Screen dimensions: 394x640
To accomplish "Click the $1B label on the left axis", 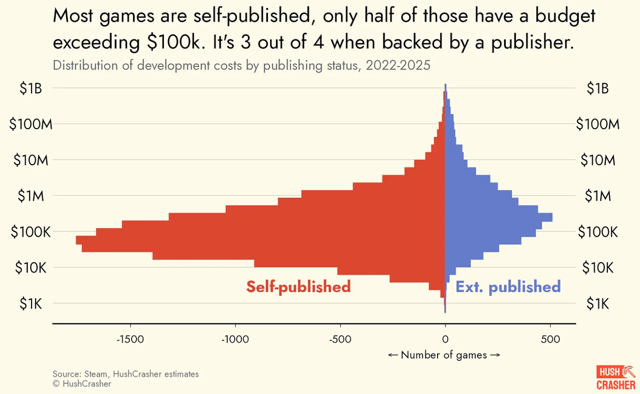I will coord(31,88).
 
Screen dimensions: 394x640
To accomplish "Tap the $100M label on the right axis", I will coord(598,124).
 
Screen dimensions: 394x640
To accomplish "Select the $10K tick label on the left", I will coord(31,267).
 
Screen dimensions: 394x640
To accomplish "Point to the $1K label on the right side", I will coord(598,303).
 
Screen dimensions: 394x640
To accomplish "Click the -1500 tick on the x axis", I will coord(130,339).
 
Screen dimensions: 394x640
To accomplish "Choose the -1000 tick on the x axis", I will coord(235,339).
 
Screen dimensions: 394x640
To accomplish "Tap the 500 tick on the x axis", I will coord(550,339).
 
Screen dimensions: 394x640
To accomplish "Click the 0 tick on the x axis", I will coord(445,339).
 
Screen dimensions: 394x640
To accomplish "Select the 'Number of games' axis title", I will coord(444,355).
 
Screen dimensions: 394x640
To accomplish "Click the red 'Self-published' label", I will coord(298,287).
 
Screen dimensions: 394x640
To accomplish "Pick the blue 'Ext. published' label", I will coord(508,287).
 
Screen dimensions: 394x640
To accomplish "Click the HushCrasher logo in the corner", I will coord(616,378).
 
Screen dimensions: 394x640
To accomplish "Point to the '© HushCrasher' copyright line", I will coord(82,384).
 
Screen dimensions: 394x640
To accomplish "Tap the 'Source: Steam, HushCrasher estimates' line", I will coord(125,374).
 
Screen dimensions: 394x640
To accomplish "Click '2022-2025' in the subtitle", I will coord(398,66).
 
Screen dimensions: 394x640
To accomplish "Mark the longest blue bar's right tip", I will coord(551,217).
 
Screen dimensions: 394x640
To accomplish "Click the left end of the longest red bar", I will coord(77,240).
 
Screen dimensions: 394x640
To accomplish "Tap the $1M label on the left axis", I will coord(31,196).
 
